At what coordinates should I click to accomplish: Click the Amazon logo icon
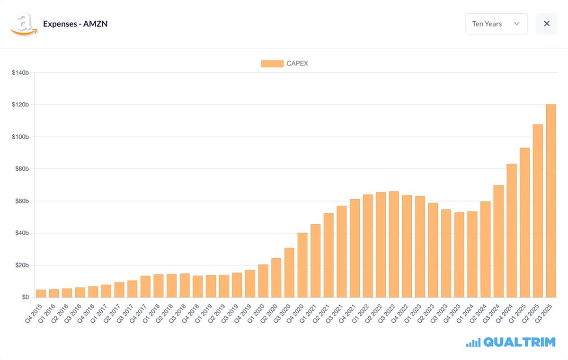tap(23, 24)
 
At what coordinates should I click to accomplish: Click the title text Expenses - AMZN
tap(75, 24)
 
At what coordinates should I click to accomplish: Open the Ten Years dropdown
tap(496, 24)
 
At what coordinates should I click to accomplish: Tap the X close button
tap(547, 24)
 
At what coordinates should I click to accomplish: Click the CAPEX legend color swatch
tap(272, 63)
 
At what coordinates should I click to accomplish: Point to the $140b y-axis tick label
tap(20, 72)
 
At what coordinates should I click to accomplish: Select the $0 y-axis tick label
tap(25, 297)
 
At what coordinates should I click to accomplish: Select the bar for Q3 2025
tap(551, 201)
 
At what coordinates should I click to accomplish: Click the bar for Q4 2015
tap(41, 293)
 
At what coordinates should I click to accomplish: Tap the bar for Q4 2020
tap(302, 265)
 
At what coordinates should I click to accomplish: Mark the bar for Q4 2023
tap(459, 255)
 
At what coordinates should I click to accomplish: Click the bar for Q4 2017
tap(145, 287)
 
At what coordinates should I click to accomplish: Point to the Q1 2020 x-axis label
tap(258, 313)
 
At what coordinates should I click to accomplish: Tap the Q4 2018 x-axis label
tap(193, 313)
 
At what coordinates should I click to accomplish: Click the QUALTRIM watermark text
tap(519, 342)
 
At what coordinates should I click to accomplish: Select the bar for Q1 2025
tap(524, 223)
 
